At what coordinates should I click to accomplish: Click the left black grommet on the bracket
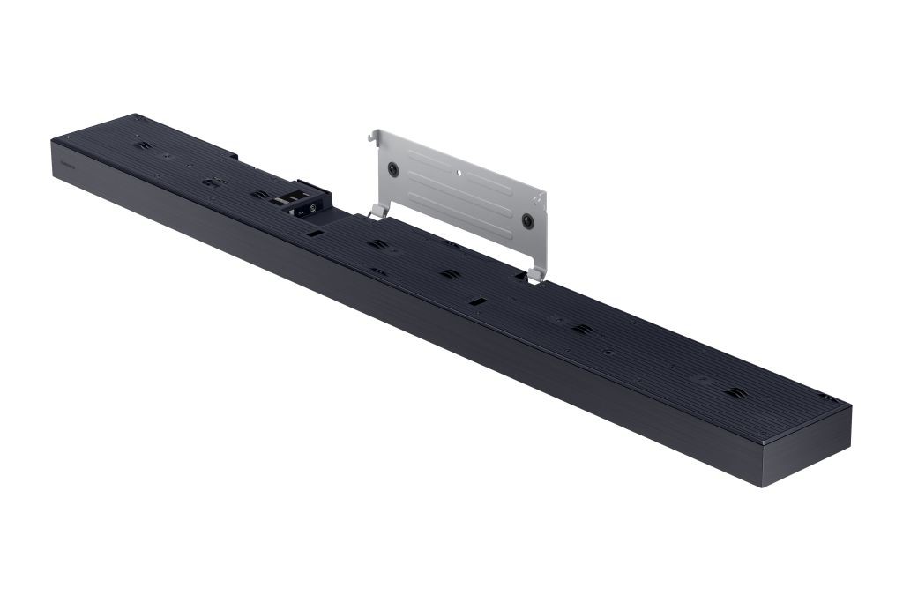[x=394, y=168]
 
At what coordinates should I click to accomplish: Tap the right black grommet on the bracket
[x=527, y=220]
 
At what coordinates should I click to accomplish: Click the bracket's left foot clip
[x=378, y=211]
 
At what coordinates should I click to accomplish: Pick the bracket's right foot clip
[x=534, y=276]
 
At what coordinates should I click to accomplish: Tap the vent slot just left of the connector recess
[x=258, y=194]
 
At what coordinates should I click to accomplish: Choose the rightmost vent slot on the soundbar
[x=735, y=391]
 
